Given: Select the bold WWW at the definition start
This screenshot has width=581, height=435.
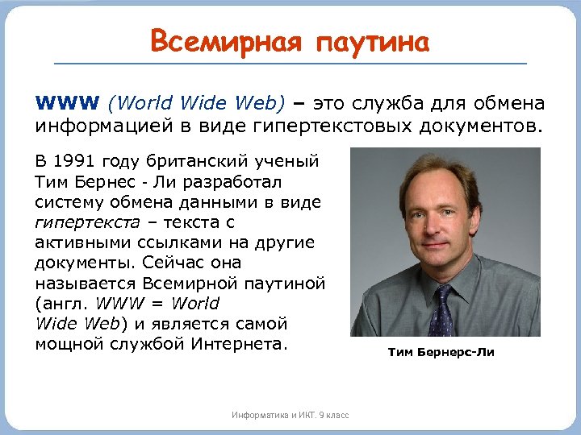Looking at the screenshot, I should click(x=67, y=104).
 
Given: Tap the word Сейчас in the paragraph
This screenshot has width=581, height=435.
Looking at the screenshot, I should click(x=169, y=263).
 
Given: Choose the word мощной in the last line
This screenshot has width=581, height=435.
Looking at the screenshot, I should click(x=66, y=344).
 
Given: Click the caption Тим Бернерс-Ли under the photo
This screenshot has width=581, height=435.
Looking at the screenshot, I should click(x=441, y=352).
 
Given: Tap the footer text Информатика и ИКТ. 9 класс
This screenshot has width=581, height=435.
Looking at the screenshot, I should click(x=290, y=415).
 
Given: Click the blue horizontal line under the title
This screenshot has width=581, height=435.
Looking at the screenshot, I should click(x=290, y=64).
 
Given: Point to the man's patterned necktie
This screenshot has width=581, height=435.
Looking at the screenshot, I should click(x=442, y=310).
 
